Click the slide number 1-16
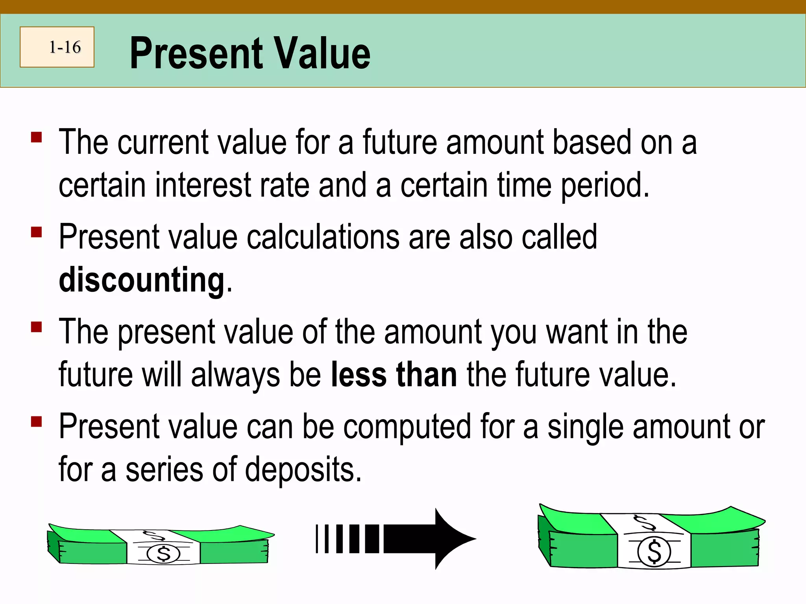pyautogui.click(x=65, y=47)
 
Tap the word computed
pyautogui.click(x=407, y=427)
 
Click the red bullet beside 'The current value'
pyautogui.click(x=37, y=137)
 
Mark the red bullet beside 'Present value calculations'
pyautogui.click(x=37, y=232)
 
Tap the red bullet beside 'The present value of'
pyautogui.click(x=37, y=327)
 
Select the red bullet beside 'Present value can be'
pyautogui.click(x=37, y=422)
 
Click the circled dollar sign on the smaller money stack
pyautogui.click(x=163, y=554)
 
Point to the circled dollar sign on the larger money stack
pyautogui.click(x=654, y=552)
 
